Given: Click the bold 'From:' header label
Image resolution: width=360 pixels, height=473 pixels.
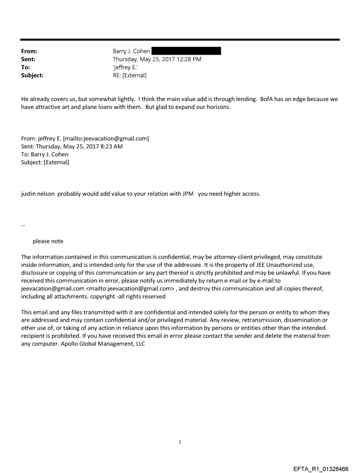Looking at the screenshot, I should [29, 51].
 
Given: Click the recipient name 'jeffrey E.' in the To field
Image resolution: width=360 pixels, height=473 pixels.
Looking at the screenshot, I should [127, 67].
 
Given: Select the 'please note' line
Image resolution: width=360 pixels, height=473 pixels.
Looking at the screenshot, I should [48, 241].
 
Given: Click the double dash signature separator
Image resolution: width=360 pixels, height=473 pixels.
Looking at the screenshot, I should [23, 226].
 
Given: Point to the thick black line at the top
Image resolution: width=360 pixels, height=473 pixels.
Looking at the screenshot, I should [180, 40].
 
